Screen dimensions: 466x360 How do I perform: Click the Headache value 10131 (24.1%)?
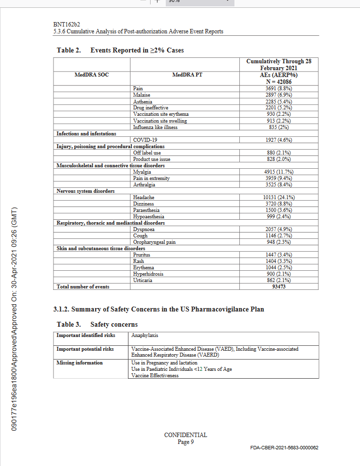[x=279, y=197]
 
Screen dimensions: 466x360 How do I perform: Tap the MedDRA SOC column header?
[x=91, y=75]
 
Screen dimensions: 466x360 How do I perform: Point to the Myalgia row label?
[x=141, y=172]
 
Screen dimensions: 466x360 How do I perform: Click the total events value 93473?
[x=279, y=286]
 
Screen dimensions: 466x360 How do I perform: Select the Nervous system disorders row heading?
[x=85, y=191]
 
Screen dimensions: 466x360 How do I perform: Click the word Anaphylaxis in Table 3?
[x=145, y=336]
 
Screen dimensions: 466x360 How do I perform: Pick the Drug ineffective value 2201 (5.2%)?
[x=279, y=107]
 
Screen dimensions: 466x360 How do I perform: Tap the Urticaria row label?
[x=143, y=280]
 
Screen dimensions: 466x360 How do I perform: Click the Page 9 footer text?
[x=186, y=441]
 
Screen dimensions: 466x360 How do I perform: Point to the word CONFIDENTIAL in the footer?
[x=185, y=435]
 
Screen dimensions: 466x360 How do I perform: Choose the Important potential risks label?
[x=85, y=349]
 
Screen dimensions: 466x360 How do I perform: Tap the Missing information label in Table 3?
[x=79, y=362]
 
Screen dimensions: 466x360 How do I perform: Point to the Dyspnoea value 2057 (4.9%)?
[x=279, y=229]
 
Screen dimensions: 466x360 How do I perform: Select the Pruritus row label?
[x=141, y=255]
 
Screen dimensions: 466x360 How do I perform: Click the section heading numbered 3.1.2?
[x=158, y=309]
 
